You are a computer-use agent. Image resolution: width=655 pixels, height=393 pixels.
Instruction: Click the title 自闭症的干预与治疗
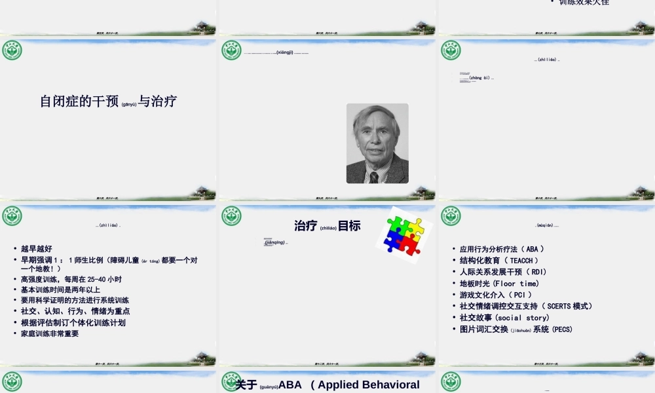point(108,102)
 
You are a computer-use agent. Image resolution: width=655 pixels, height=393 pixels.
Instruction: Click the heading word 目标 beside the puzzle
point(349,226)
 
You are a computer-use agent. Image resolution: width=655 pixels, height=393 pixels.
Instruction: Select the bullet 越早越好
point(36,249)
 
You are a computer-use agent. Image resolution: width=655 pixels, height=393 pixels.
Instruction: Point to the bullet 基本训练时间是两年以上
point(60,290)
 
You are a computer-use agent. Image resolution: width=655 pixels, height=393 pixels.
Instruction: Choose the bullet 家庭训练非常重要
point(50,333)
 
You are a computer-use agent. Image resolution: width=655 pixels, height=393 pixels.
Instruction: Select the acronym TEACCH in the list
point(525,261)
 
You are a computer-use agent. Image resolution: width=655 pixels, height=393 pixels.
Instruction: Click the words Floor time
point(517,284)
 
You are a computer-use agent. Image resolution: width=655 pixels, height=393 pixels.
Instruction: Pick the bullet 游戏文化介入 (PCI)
point(496,295)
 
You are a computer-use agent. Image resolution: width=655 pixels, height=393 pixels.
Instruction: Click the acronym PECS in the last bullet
point(562,329)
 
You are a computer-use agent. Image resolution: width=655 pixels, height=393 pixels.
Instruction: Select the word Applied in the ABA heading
point(350,384)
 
